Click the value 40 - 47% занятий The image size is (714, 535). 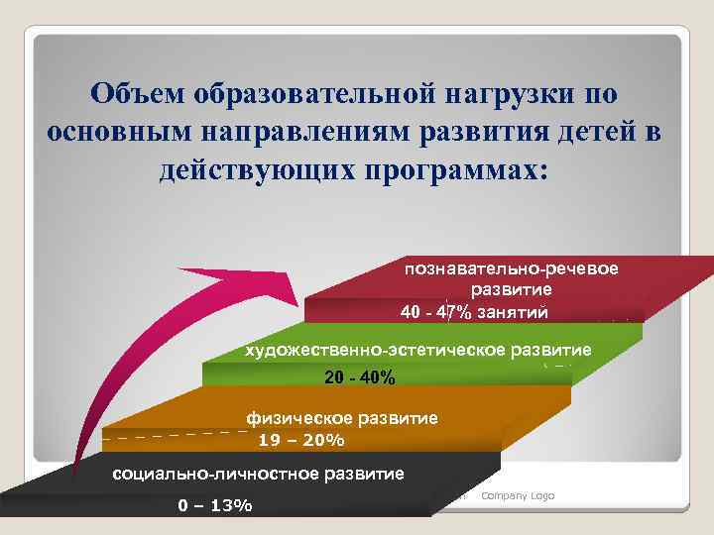point(472,312)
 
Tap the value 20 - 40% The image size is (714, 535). point(360,378)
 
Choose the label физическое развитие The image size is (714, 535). point(342,418)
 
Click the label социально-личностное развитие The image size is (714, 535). point(259,474)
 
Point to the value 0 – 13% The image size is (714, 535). point(214,505)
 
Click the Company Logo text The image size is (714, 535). point(518,495)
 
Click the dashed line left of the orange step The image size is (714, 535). point(174,434)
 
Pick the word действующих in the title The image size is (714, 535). point(258,168)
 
